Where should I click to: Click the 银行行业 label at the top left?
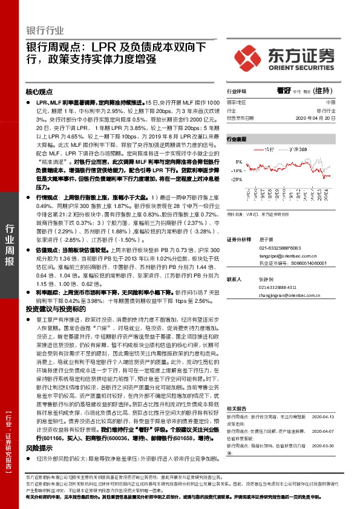point(45,30)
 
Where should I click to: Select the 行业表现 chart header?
point(237,139)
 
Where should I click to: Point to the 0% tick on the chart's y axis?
point(238,163)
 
